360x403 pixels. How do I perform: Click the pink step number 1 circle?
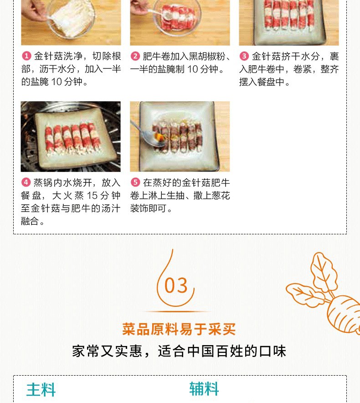tap(26, 56)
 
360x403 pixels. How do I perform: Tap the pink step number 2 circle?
tap(135, 56)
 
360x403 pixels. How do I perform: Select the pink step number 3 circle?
tap(244, 56)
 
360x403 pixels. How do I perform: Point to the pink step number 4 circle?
tap(26, 182)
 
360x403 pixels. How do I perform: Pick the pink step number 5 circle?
tap(135, 182)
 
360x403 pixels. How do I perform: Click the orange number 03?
tap(176, 285)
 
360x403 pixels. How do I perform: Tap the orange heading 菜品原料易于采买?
tap(179, 329)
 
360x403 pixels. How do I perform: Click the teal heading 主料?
tap(41, 390)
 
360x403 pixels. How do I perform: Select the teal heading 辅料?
tap(204, 388)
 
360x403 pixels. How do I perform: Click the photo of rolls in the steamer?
tap(71, 136)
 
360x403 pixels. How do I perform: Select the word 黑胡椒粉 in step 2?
tap(207, 56)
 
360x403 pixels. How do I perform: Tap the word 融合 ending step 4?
tap(30, 221)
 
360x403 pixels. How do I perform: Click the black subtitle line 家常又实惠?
tap(107, 351)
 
